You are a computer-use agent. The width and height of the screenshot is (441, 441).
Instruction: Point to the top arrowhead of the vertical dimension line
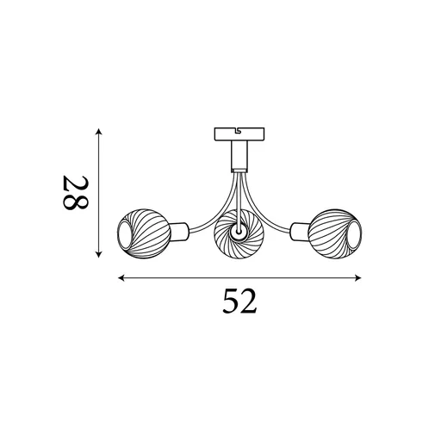pyautogui.click(x=100, y=132)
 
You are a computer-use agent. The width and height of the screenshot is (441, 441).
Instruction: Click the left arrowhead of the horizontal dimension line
pyautogui.click(x=121, y=278)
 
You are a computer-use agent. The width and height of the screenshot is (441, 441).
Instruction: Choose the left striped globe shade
pyautogui.click(x=140, y=232)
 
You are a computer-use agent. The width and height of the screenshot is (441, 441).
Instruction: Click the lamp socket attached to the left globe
pyautogui.click(x=181, y=231)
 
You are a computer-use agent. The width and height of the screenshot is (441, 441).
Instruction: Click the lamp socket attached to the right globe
pyautogui.click(x=298, y=230)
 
